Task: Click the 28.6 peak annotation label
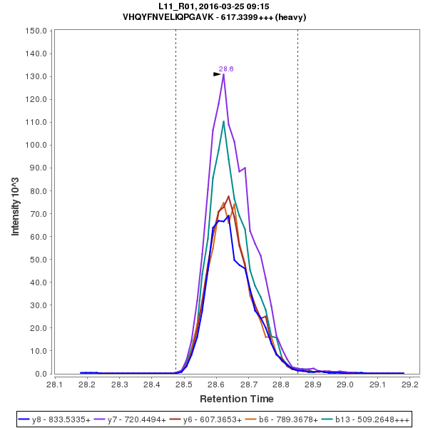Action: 226,69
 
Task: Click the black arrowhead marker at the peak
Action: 218,73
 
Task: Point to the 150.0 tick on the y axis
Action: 36,31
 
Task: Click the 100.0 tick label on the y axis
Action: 36,145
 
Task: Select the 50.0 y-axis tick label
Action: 38,259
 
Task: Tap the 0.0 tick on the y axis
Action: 41,373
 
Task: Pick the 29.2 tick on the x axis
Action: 410,384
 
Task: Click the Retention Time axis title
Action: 236,398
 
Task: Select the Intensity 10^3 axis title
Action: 16,202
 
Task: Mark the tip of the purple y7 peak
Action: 224,74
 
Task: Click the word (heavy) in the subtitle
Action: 292,16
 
